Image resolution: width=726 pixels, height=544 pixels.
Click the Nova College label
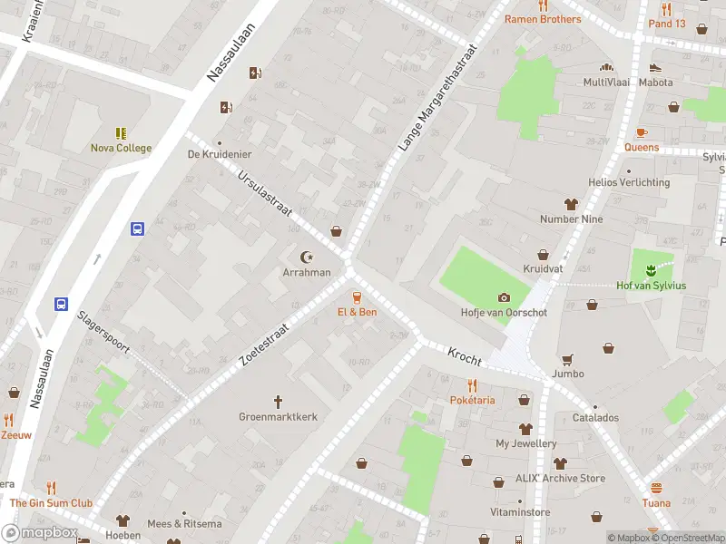[121, 148]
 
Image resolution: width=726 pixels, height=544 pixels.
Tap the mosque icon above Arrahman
[305, 257]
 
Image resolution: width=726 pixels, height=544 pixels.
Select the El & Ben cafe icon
[357, 296]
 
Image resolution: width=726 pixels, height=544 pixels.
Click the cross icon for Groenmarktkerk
[279, 401]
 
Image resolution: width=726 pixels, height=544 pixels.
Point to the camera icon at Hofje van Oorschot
[504, 297]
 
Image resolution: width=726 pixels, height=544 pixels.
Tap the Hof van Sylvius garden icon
[651, 270]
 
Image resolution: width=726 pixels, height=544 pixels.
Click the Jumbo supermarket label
[568, 374]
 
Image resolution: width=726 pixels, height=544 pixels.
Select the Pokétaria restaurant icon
[472, 384]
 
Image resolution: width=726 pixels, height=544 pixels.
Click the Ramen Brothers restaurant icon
[543, 5]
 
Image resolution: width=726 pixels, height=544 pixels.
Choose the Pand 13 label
[667, 24]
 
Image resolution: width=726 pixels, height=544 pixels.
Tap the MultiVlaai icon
[605, 67]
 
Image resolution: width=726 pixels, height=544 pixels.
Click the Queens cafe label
[642, 147]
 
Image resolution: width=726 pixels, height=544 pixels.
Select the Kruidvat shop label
[543, 269]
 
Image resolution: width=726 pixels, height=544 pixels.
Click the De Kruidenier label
[218, 154]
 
